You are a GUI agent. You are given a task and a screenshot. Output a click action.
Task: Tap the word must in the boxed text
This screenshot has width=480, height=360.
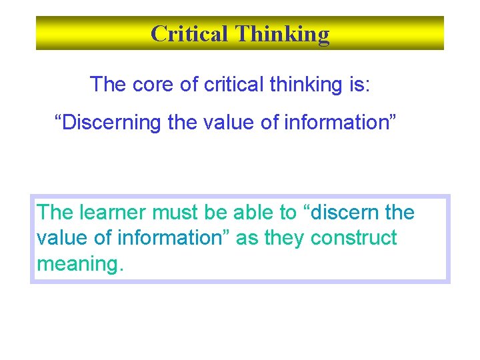175,213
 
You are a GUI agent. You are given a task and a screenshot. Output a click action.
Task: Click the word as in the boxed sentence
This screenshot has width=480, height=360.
247,238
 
